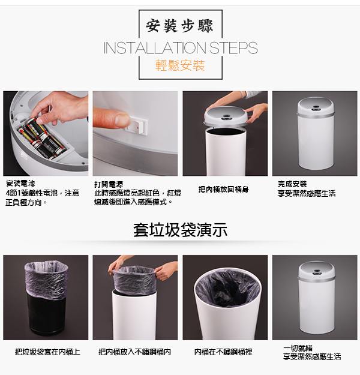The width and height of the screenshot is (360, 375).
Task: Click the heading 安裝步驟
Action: coord(179,26)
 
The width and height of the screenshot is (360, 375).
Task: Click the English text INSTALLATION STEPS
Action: coord(181,48)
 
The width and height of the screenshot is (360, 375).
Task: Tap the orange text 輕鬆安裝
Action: coord(180,65)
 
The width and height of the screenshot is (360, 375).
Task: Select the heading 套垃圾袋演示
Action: coord(181,230)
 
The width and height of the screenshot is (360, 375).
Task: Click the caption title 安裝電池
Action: coord(20,184)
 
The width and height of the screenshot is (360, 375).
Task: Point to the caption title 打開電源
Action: coord(109,184)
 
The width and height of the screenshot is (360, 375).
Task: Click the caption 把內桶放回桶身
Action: coord(224,190)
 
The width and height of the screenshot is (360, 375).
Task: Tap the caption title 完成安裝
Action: coord(292,184)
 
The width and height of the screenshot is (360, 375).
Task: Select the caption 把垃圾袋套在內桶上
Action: coord(47,352)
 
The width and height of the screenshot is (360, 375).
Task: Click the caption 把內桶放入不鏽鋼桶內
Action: coord(134,352)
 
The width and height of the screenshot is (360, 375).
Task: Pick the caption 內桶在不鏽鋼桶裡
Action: coord(223,352)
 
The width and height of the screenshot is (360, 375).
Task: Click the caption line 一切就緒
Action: coord(298,348)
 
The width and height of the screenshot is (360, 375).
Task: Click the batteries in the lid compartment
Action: coord(43,139)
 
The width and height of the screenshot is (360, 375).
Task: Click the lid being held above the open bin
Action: coord(227,116)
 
